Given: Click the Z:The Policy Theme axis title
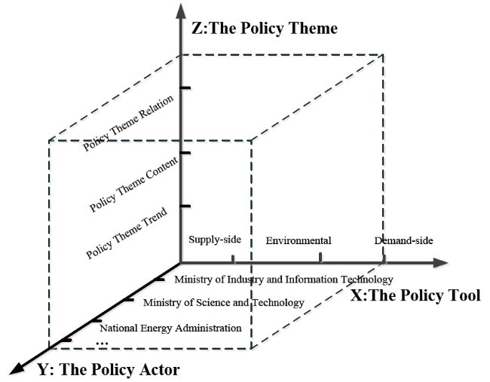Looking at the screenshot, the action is click(x=265, y=28).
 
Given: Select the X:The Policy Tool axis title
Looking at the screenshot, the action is click(x=415, y=295).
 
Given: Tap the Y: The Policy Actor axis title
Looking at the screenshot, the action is click(x=109, y=369).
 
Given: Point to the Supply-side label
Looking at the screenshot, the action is click(x=215, y=240).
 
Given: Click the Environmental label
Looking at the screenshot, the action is click(x=299, y=240).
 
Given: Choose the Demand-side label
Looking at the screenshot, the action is click(x=404, y=240).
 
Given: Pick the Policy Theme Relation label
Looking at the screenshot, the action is click(x=128, y=123).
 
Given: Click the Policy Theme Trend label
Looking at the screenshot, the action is click(x=127, y=233).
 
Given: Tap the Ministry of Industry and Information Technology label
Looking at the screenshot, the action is click(x=283, y=280).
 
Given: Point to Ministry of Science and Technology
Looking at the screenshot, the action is click(x=224, y=302).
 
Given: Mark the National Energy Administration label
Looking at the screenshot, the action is click(x=170, y=328).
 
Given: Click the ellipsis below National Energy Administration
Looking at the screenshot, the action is click(x=102, y=344).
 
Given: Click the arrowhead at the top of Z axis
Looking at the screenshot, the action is click(x=181, y=11).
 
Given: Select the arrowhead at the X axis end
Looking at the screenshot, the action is click(x=441, y=263).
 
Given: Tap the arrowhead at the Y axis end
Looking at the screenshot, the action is click(x=18, y=368).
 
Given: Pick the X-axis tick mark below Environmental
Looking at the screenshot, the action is click(x=320, y=258).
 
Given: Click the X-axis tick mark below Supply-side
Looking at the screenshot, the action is click(x=233, y=259).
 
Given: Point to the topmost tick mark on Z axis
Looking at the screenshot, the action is click(x=185, y=88).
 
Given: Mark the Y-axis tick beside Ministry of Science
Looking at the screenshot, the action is click(x=128, y=300).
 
